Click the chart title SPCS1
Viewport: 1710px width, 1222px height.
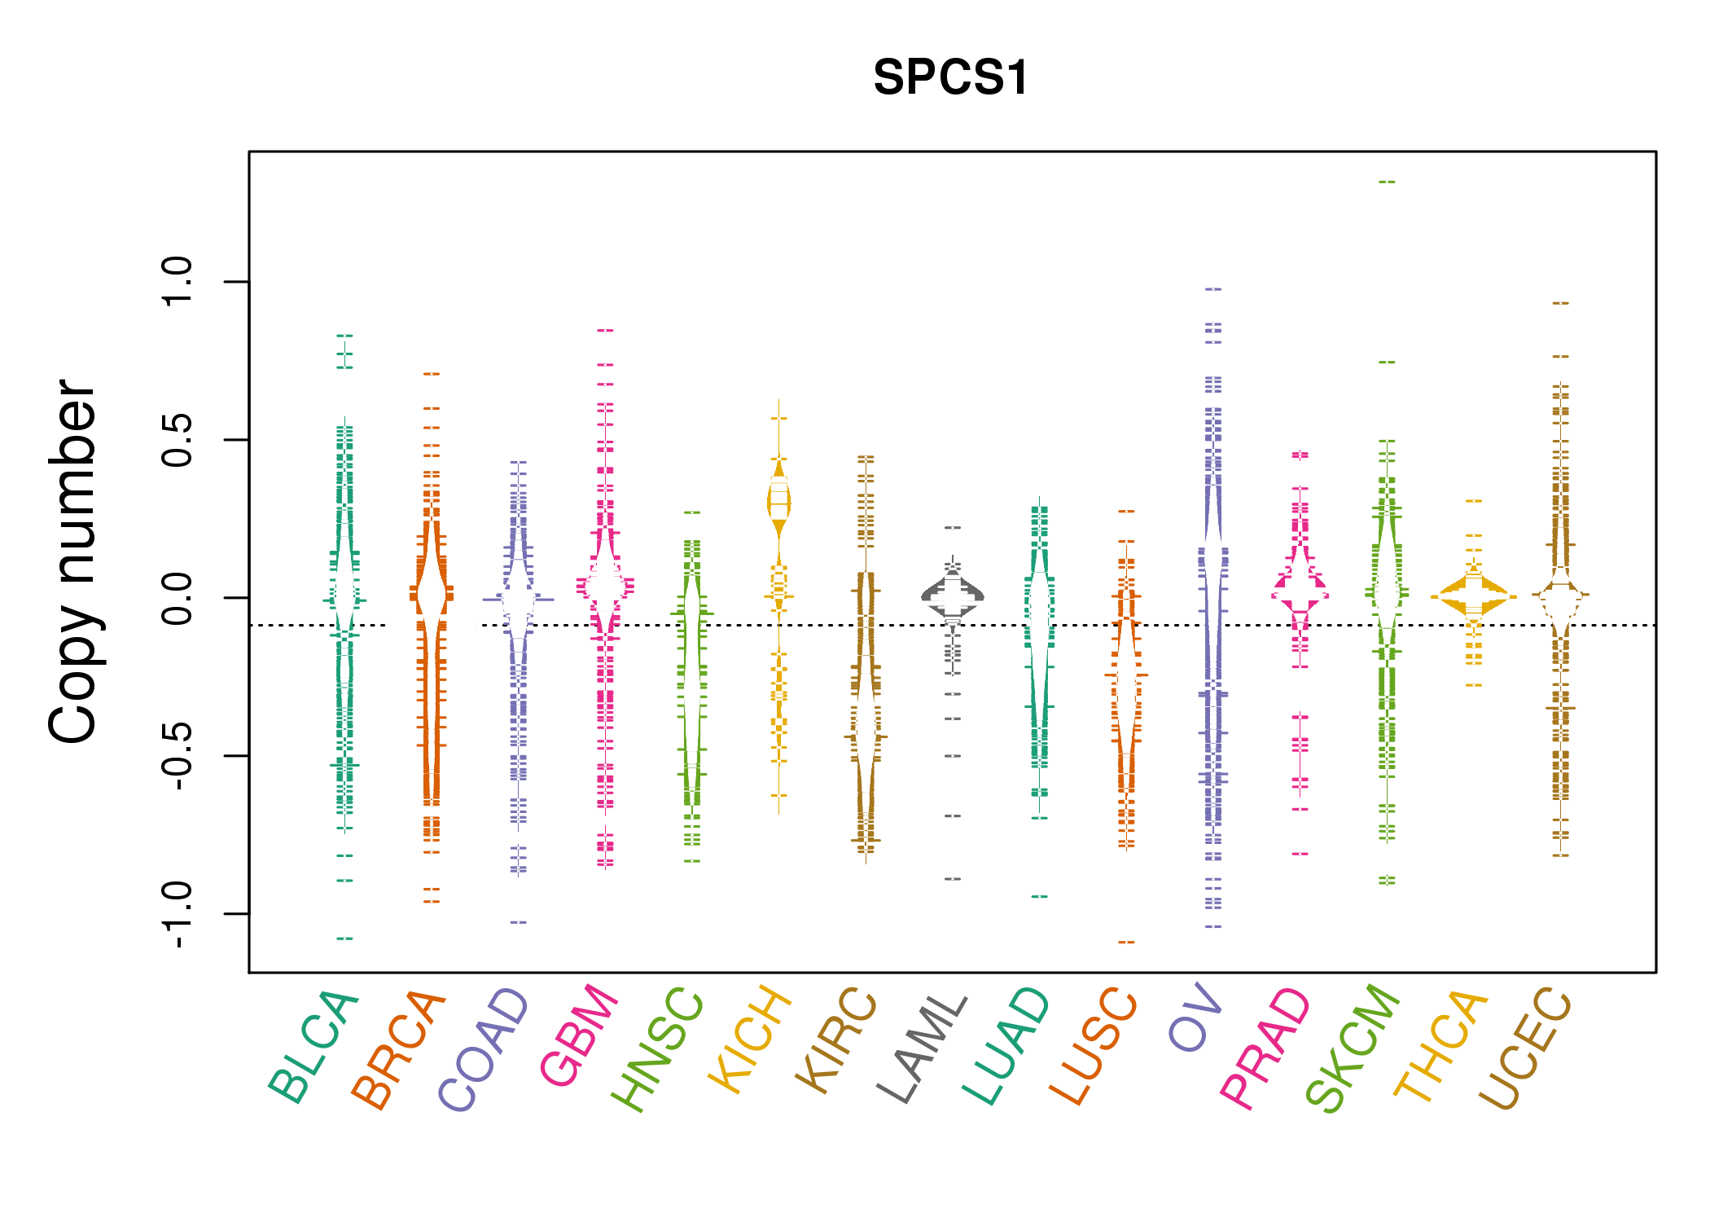click(x=950, y=78)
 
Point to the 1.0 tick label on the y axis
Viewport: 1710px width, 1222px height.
click(x=178, y=282)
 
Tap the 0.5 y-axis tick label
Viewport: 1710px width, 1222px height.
click(x=178, y=440)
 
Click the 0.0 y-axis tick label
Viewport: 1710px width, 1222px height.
click(x=178, y=598)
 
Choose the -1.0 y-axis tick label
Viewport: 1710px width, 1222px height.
click(x=178, y=914)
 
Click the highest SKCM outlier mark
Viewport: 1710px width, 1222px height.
click(x=1387, y=182)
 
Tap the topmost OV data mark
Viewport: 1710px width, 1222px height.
click(x=1213, y=289)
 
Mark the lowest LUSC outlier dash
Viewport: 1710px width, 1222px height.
click(x=1126, y=943)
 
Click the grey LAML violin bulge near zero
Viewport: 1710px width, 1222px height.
click(x=953, y=596)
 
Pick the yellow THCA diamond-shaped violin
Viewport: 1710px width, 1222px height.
click(x=1473, y=596)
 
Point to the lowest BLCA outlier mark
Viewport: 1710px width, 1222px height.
click(x=344, y=939)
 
